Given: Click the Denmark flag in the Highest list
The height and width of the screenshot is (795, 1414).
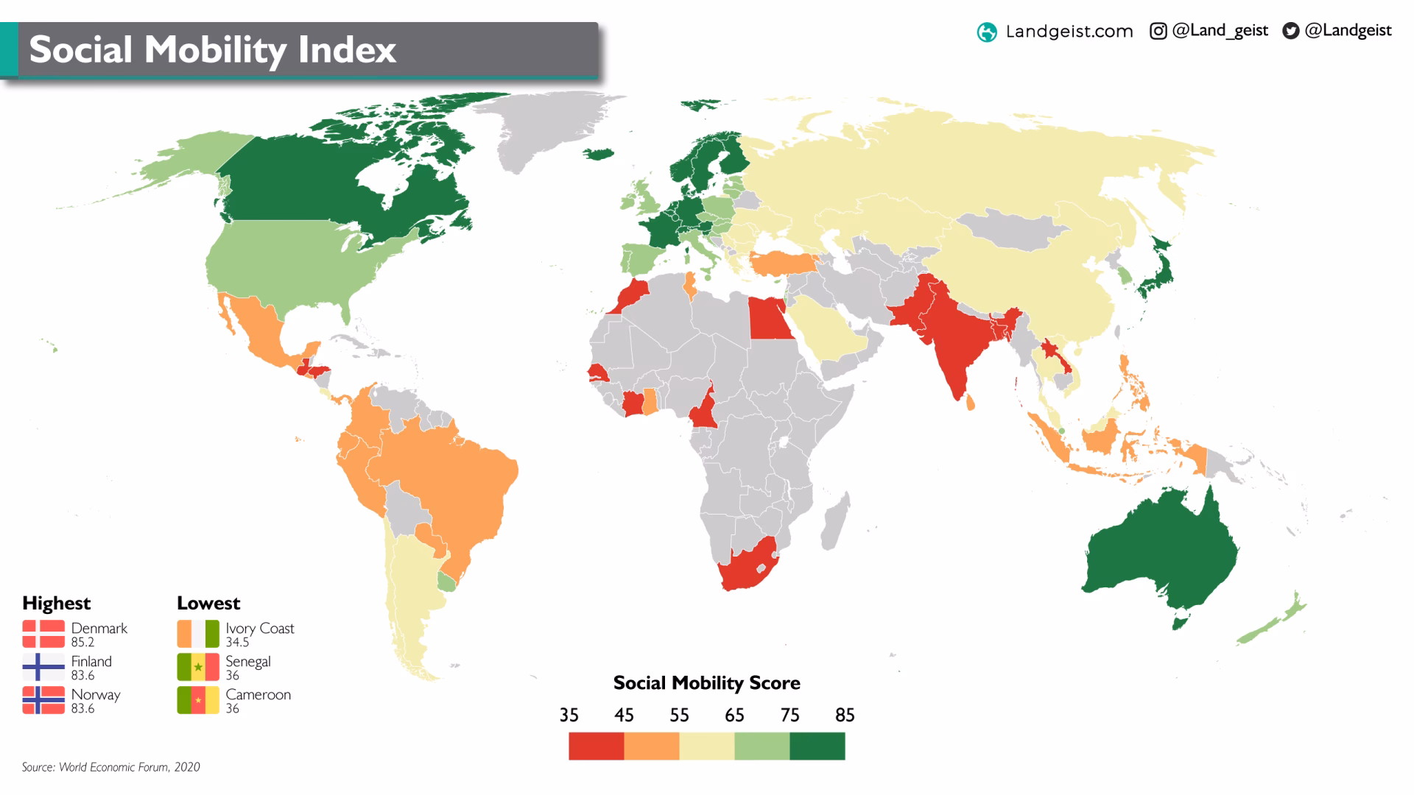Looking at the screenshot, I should (x=43, y=634).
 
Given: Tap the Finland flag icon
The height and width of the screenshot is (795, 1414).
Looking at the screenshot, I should (x=43, y=667).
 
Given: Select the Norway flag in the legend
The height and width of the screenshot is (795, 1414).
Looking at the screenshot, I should (x=43, y=700).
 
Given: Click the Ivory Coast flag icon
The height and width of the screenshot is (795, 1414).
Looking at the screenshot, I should (x=198, y=634).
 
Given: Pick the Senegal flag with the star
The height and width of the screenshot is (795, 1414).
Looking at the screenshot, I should (x=198, y=667).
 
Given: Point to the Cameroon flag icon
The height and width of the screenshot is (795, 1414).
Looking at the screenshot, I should (x=198, y=700).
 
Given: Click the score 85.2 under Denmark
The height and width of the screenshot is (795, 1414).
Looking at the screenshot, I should (x=82, y=643).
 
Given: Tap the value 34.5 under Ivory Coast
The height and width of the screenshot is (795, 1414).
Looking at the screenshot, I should (x=237, y=643).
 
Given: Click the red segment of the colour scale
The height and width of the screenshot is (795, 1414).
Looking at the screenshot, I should (x=597, y=746).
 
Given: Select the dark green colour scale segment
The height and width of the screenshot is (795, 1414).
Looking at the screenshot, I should (x=817, y=746).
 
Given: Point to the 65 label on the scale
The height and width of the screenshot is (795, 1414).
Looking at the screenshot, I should (x=734, y=715).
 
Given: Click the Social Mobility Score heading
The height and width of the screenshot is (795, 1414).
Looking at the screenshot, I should (x=706, y=683).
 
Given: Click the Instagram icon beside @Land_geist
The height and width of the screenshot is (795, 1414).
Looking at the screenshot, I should (x=1158, y=31).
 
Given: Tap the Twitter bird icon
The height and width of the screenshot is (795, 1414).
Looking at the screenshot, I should (x=1290, y=31).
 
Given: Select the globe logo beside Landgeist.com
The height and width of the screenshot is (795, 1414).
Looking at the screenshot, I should (x=987, y=32).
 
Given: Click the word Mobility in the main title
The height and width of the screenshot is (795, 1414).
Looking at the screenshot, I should (x=214, y=50).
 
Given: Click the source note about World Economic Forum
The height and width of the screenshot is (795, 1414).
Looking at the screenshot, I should (x=111, y=767).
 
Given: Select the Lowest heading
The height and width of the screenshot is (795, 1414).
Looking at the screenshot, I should (x=208, y=603).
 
